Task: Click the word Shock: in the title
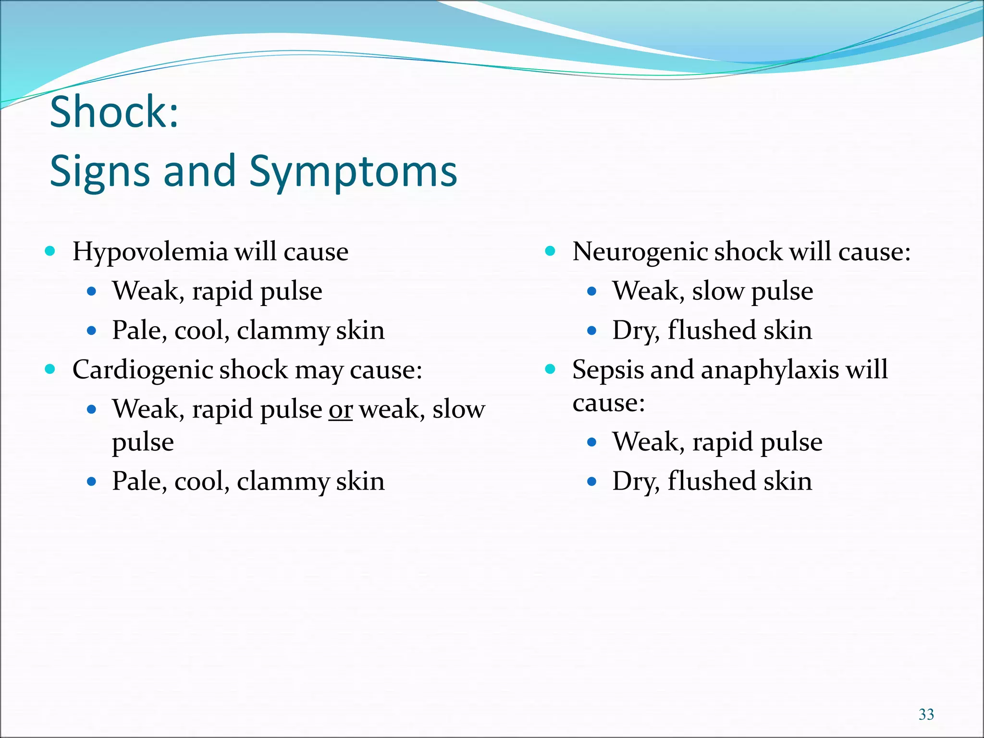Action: point(114,111)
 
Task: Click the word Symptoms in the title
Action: point(353,172)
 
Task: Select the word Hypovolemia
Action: point(150,252)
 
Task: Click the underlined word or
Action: point(340,409)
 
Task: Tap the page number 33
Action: point(926,714)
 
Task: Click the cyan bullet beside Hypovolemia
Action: point(50,251)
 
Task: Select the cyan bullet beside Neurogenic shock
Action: point(550,251)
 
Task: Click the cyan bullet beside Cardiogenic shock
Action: point(50,369)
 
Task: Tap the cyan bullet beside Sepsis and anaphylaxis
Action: point(550,369)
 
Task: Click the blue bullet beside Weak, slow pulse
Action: point(591,291)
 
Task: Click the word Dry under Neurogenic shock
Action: point(635,331)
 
